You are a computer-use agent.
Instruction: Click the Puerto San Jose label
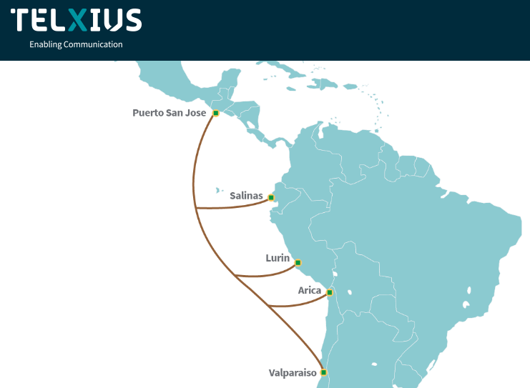tap(169, 113)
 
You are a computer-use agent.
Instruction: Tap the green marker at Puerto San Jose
tap(215, 113)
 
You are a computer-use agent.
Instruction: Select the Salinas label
tap(247, 195)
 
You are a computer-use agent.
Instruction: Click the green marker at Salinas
tap(271, 197)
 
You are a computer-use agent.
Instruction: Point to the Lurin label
tap(278, 258)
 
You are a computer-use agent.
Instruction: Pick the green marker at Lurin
tap(298, 263)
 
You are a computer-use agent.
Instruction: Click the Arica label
tap(310, 290)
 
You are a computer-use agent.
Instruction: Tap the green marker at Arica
tap(329, 292)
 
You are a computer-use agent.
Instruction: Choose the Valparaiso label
tap(293, 372)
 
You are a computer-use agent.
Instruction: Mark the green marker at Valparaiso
tap(323, 372)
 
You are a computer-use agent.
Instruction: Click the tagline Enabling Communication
tap(76, 44)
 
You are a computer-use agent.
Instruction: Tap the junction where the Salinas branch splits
tap(196, 208)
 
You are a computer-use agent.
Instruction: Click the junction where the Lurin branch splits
tap(235, 274)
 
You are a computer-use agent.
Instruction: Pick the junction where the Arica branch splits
tap(268, 306)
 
